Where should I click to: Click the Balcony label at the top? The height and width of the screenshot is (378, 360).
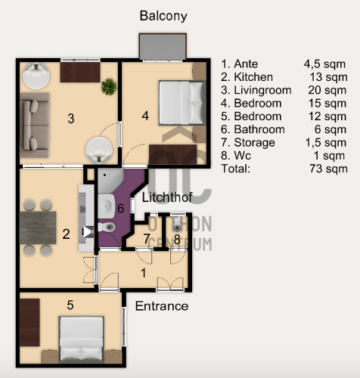tap(163, 16)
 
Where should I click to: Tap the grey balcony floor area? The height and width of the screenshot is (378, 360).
tap(163, 47)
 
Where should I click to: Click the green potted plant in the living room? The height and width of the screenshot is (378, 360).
tap(109, 86)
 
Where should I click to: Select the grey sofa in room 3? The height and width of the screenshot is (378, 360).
tap(34, 125)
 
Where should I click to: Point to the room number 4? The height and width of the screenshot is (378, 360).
tap(145, 116)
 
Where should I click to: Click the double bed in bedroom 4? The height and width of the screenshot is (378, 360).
tap(182, 103)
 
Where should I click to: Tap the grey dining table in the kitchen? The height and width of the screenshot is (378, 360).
tap(38, 228)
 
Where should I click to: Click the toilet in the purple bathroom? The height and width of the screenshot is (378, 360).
tap(107, 227)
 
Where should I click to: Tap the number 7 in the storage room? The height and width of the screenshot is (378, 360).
tap(147, 239)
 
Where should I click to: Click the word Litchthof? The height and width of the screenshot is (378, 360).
tap(167, 197)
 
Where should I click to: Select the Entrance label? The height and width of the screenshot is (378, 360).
tap(162, 306)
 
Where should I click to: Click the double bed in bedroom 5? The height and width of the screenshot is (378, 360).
tap(82, 339)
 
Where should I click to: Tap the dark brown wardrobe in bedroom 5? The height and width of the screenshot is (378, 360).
tap(29, 323)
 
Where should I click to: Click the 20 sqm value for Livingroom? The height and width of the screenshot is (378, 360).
tap(327, 90)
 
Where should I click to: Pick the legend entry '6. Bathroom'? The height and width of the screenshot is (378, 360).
tap(253, 129)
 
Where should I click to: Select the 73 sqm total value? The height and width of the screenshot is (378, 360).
tap(329, 169)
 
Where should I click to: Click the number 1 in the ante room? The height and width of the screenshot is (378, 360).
tap(144, 273)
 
